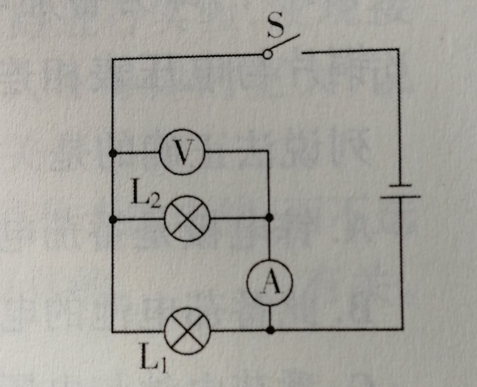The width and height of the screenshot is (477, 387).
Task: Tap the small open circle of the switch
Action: coord(268,55)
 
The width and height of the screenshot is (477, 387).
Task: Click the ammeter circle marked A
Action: coord(270,284)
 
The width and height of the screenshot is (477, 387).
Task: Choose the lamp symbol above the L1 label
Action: coord(187,331)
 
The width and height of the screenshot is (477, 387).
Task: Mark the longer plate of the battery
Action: coord(401,196)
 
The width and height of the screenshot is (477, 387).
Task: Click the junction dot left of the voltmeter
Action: coord(113,153)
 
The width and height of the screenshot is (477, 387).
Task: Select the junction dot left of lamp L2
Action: coord(113,220)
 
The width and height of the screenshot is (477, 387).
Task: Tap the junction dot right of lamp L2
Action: coord(270,218)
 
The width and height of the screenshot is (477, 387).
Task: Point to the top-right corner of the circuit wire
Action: coord(398,49)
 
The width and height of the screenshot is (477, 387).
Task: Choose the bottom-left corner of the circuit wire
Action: coord(113,331)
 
